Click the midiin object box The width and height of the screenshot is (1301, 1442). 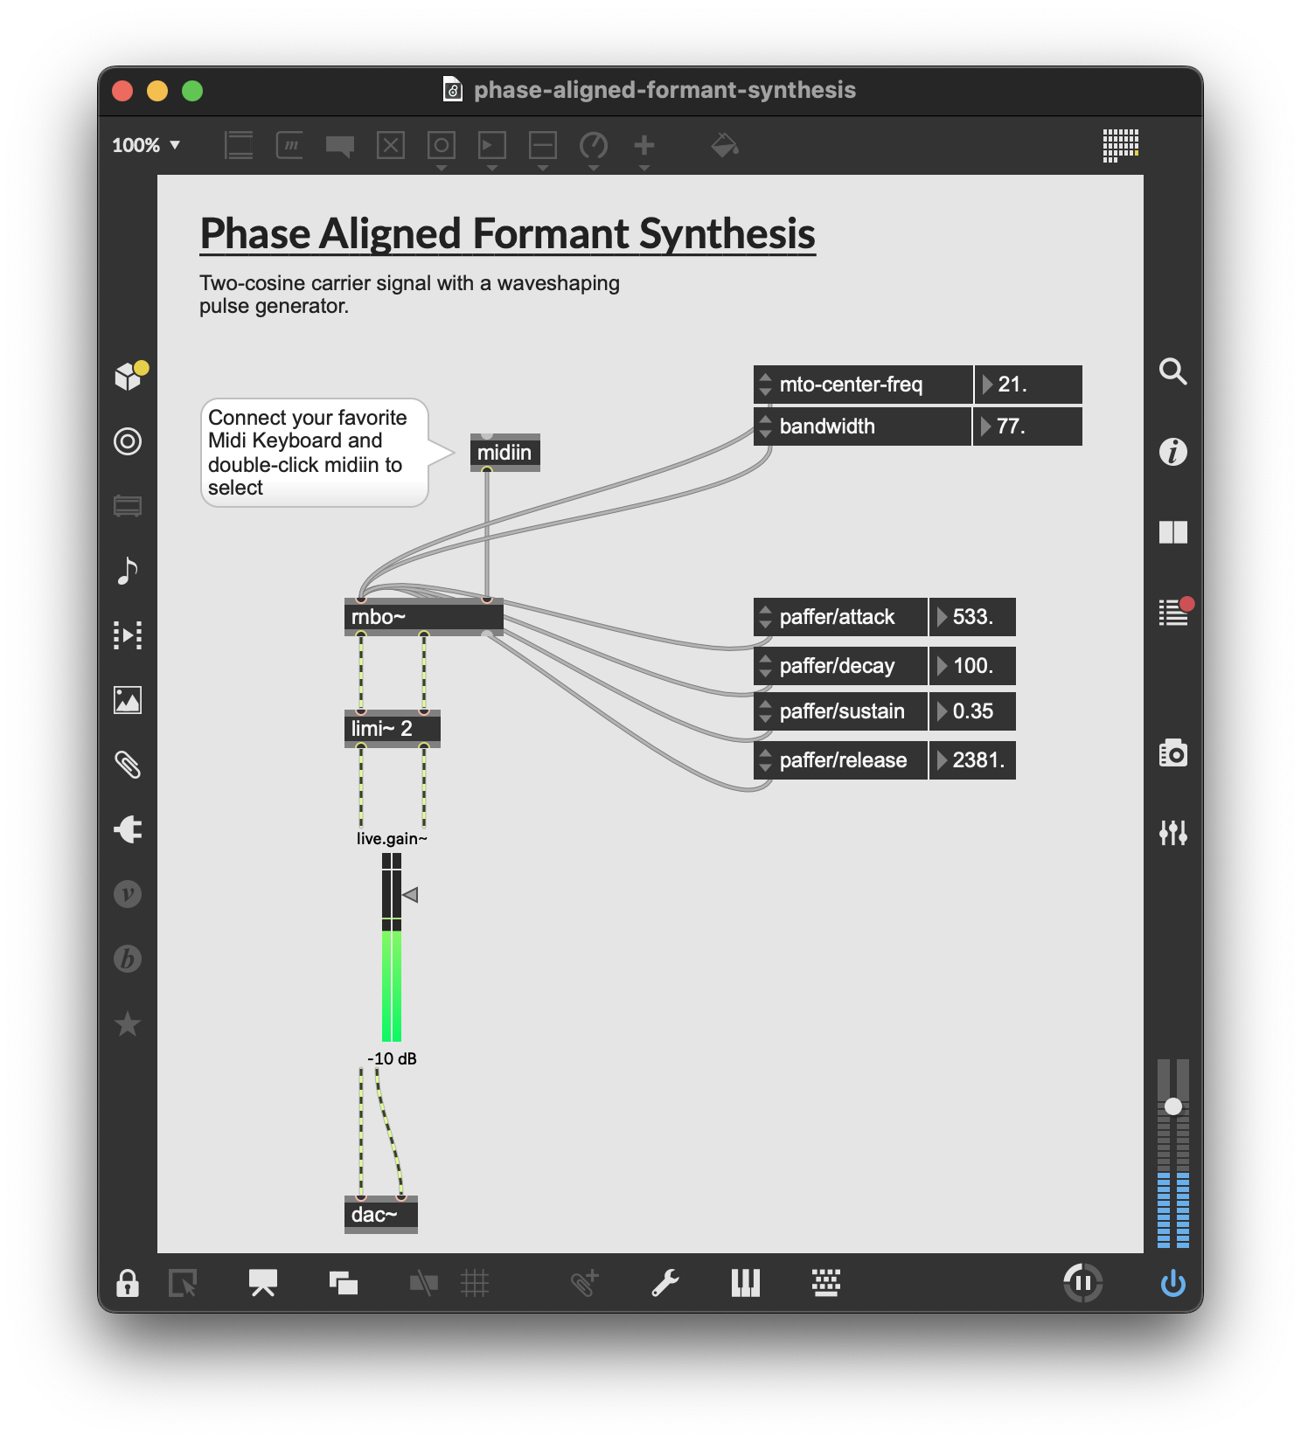coord(504,453)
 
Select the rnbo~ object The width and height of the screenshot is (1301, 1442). coord(423,617)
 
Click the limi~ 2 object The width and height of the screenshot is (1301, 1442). coord(392,729)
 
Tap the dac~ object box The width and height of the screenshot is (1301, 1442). coord(380,1215)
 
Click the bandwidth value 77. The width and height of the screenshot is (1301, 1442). coord(1028,426)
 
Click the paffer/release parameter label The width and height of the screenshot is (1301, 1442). coord(842,760)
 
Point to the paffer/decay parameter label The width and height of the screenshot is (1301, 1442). coord(837,666)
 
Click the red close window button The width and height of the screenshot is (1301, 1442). coord(122,91)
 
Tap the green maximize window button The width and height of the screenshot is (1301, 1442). coord(192,91)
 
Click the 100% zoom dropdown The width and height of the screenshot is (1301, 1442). coord(146,145)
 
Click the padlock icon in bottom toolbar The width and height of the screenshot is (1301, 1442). coord(128,1283)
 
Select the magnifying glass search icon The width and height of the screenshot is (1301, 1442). coord(1172,371)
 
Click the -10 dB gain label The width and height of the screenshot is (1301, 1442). coord(392,1058)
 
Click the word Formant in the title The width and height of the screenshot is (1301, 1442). coord(550,234)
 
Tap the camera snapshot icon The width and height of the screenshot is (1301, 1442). coord(1172,752)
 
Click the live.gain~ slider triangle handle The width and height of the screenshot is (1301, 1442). coord(410,895)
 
